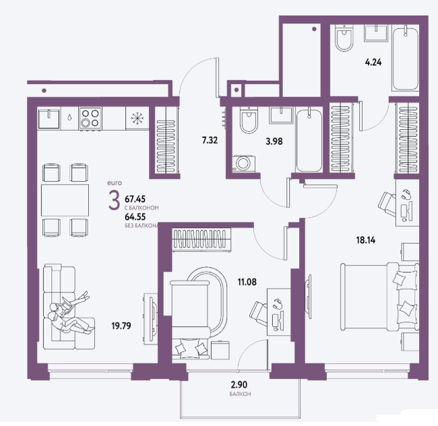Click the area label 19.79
point(121,326)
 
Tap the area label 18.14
point(366,240)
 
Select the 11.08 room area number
point(247,282)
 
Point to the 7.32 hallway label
point(210,140)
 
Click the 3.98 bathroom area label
point(274,141)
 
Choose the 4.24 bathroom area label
point(373,62)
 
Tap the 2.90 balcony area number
point(239,385)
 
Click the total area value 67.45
point(135,199)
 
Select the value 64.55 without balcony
point(135,217)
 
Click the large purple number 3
point(114,200)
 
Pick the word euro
point(115,183)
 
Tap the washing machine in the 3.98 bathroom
point(243,164)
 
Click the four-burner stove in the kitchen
point(90,118)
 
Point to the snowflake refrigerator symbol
point(137,118)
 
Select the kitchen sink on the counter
point(49,118)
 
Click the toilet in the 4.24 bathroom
point(344,38)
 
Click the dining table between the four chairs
point(65,200)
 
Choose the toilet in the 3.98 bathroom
point(249,120)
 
